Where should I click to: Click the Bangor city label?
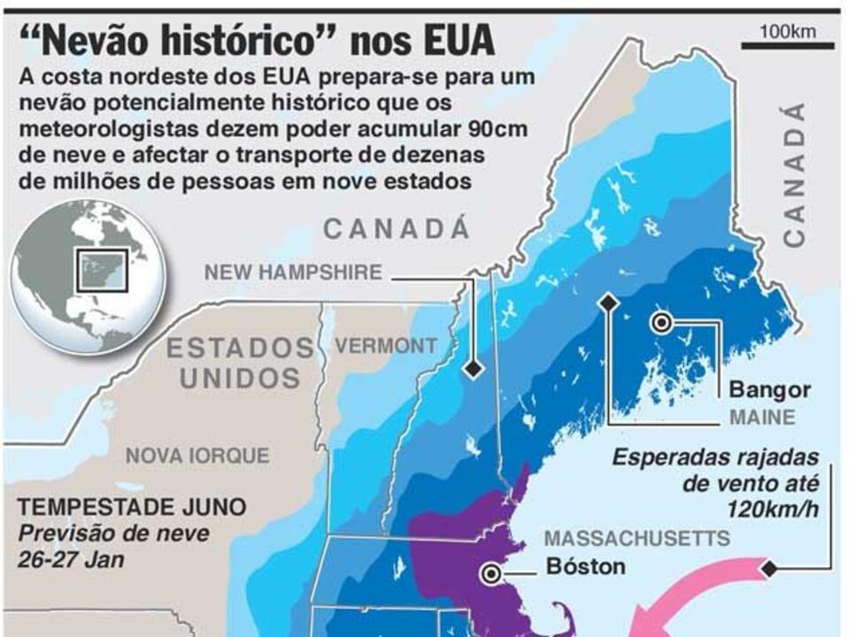769,389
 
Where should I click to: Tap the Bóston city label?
585,565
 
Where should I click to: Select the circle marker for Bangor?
660,324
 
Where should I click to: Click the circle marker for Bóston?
490,574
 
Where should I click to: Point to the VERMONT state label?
385,346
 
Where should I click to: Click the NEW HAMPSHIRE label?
293,272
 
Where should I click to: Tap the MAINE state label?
762,417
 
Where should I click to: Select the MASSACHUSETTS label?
637,538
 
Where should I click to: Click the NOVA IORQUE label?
197,456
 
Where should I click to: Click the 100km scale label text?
787,32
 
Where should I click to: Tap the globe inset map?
88,277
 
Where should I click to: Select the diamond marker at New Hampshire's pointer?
475,368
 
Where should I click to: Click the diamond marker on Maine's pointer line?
607,303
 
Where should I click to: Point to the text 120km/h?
772,510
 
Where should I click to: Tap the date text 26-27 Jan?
72,560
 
